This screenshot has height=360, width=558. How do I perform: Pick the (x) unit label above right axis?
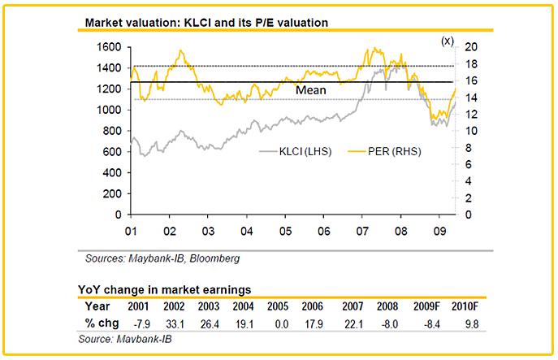click(x=448, y=39)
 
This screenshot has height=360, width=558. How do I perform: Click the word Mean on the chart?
click(x=310, y=91)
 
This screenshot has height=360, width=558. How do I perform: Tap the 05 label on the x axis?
click(x=286, y=229)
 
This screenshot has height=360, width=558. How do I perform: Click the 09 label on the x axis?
click(x=440, y=229)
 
